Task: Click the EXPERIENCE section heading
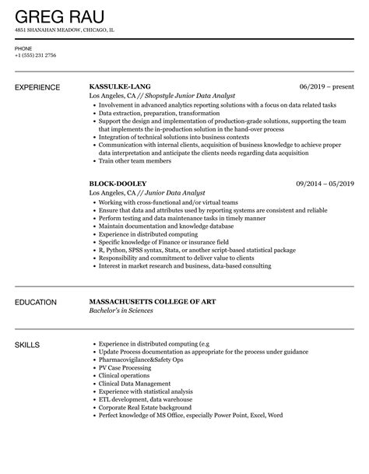coord(42,87)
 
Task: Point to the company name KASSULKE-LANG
coord(121,87)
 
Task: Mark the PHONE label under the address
coord(23,47)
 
